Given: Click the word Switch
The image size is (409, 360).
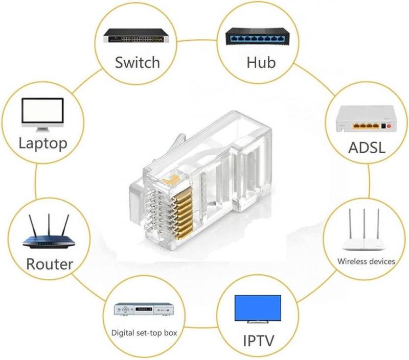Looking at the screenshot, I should pyautogui.click(x=137, y=63).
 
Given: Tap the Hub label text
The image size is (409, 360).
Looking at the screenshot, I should pyautogui.click(x=261, y=63).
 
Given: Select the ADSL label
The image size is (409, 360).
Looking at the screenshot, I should pyautogui.click(x=367, y=148).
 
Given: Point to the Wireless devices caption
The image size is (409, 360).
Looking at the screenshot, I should pyautogui.click(x=366, y=261).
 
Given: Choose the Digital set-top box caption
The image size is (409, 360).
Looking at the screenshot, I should pyautogui.click(x=144, y=332).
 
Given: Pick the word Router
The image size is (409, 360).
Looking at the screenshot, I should pyautogui.click(x=50, y=264).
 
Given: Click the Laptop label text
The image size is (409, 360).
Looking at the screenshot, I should pyautogui.click(x=43, y=142).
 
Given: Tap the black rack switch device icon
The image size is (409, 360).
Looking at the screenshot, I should pyautogui.click(x=137, y=35).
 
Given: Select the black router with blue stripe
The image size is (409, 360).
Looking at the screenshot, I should pyautogui.click(x=49, y=240).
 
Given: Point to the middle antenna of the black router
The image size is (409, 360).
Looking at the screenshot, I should pyautogui.click(x=50, y=225).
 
